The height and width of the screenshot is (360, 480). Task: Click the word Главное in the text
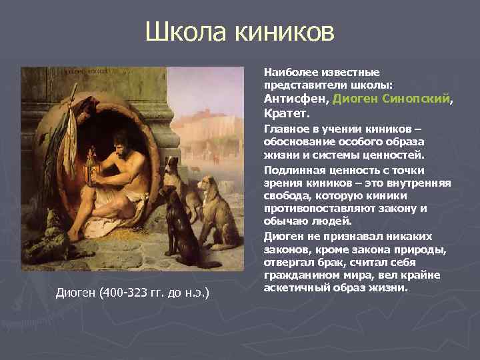pos(285,129)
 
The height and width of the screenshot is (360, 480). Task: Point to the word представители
pos(297,84)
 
